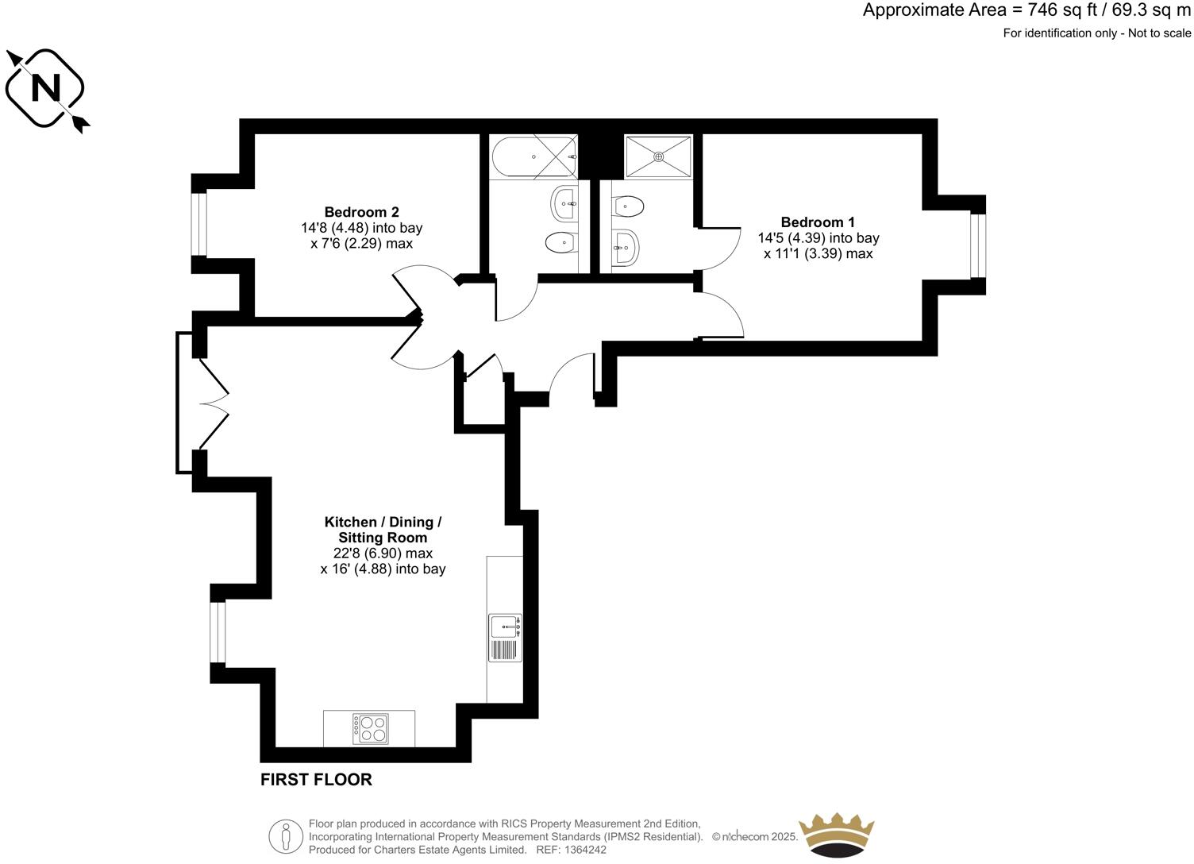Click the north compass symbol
[45, 88]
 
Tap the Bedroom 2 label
[361, 212]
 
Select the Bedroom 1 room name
[818, 222]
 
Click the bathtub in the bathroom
[533, 156]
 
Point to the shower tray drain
[658, 156]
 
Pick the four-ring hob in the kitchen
[371, 729]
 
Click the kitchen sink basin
[504, 627]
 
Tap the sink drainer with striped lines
[504, 650]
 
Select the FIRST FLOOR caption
[316, 780]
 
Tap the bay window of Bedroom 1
[978, 246]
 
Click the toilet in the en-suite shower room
[628, 206]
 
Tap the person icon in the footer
[286, 836]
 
